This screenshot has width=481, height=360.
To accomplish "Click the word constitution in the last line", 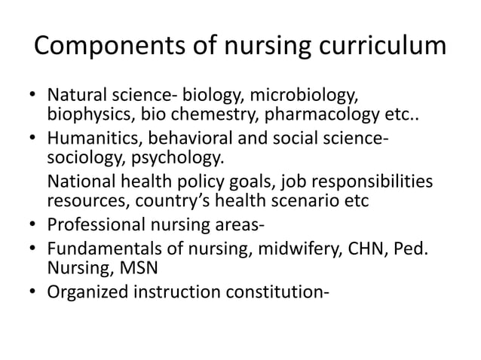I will [x=265, y=287].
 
